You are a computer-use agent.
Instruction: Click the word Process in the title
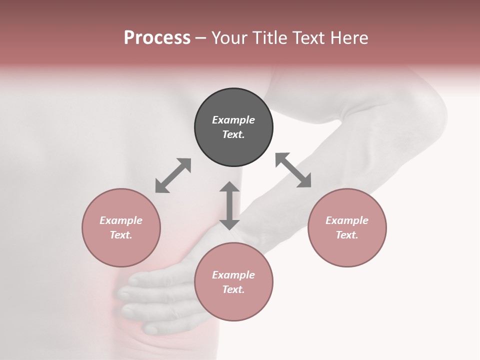click(x=157, y=38)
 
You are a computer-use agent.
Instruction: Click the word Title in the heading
click(x=268, y=38)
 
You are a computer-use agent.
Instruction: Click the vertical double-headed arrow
click(x=229, y=205)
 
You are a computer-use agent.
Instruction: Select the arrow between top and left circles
click(x=173, y=175)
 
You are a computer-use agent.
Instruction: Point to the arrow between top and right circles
click(x=293, y=170)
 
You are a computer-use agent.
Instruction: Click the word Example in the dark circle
click(x=233, y=120)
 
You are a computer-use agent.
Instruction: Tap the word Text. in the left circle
click(x=121, y=235)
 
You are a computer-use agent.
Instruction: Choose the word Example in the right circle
click(x=347, y=220)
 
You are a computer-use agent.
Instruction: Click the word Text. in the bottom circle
click(x=233, y=289)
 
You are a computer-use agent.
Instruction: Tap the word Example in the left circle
click(x=121, y=220)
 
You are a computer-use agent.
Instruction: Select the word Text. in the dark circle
click(x=233, y=134)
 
